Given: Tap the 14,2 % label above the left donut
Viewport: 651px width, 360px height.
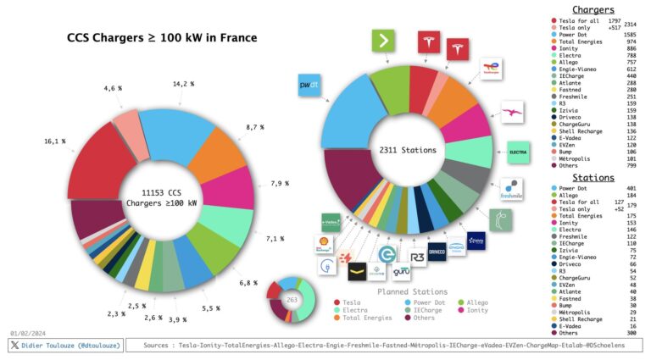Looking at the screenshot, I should point(183,85).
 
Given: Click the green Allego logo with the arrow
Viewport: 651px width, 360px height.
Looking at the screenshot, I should point(385,41).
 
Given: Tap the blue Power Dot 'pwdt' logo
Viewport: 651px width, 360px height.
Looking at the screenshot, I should point(309,86).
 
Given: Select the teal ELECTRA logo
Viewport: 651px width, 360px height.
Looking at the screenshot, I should point(519,153).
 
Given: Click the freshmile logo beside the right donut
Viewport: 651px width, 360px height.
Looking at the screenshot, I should point(512,189).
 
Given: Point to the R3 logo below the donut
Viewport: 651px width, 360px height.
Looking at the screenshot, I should point(417,255).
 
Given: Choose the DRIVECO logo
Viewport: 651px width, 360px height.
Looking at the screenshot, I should point(437,252).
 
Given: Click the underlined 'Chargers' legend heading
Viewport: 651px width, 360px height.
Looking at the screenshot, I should point(593,9).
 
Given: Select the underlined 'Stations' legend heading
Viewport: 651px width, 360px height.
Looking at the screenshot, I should point(593,178).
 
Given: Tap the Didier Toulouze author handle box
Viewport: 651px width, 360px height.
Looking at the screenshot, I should point(65,346).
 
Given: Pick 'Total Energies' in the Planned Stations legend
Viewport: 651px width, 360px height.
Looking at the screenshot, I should point(368,318).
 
